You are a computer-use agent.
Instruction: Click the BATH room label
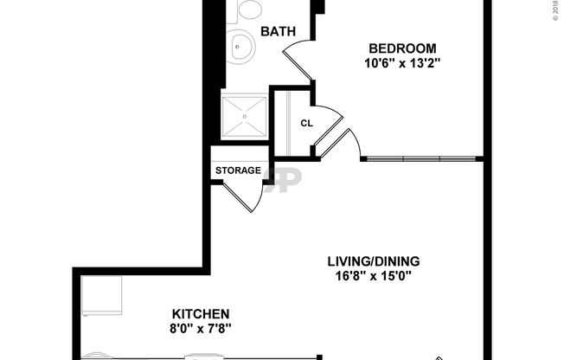(x=278, y=32)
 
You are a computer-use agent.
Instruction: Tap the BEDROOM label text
(x=402, y=48)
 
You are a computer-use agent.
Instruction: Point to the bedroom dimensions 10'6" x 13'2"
(x=402, y=62)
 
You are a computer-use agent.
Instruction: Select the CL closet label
(x=306, y=123)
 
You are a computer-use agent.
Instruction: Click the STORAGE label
(x=237, y=170)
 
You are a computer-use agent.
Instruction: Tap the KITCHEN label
(x=200, y=313)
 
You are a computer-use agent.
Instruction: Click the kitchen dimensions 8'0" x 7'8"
(x=200, y=328)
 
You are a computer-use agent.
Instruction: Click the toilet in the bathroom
(x=249, y=10)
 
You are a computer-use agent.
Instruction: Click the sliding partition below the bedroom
(x=420, y=158)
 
